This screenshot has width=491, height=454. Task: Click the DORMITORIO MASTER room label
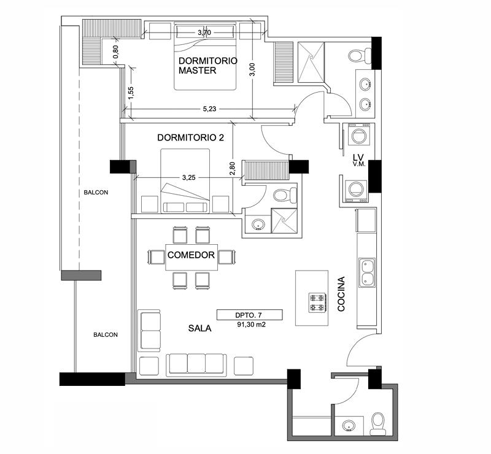coord(208,66)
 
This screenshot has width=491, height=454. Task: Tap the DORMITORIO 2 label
coord(190,137)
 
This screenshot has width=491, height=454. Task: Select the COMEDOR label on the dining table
coord(191,255)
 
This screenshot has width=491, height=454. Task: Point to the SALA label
coord(200,328)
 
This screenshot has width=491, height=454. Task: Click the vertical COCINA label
coord(341,294)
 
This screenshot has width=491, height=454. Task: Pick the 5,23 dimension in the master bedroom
coord(209,109)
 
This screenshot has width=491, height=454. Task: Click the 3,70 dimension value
coord(204,33)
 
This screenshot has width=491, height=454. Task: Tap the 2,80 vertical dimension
coord(232,169)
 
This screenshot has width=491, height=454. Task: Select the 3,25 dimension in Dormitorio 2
coord(189,177)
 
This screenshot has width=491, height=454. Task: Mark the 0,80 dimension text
coord(115,52)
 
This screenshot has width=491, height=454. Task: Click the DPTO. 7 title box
coord(250,315)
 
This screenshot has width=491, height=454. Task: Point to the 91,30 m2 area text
coord(251,325)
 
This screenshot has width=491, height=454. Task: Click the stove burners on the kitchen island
coord(318,302)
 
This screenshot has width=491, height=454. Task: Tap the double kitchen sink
coord(366,273)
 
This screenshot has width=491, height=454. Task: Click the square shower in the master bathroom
coord(311,62)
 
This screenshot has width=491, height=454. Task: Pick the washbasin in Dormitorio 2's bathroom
coord(258,224)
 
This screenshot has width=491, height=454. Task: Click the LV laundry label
coord(358,160)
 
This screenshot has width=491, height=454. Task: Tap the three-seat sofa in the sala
coord(196,365)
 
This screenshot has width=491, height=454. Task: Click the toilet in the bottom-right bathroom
coord(378,423)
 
